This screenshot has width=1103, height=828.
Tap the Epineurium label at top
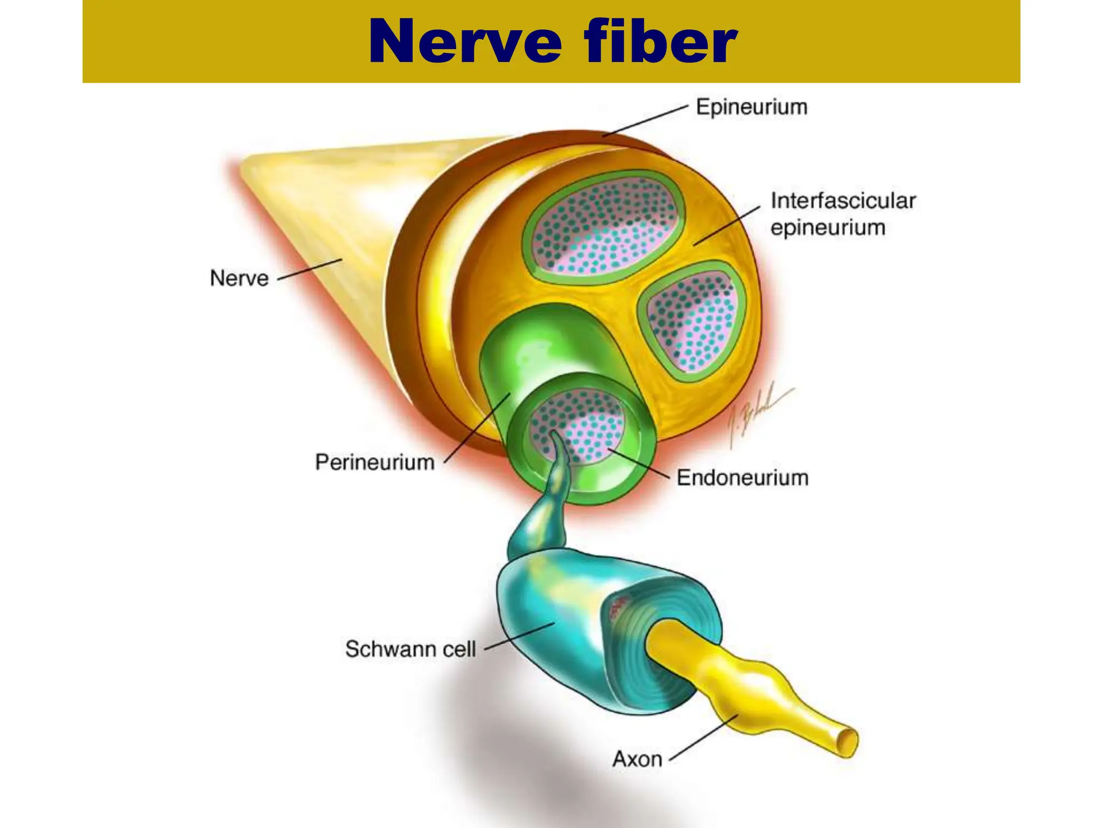pyautogui.click(x=751, y=107)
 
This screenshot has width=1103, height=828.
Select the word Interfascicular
pyautogui.click(x=843, y=201)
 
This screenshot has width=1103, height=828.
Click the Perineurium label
pyautogui.click(x=375, y=462)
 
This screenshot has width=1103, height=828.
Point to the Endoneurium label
pyautogui.click(x=742, y=478)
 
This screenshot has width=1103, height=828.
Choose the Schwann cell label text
pyautogui.click(x=410, y=649)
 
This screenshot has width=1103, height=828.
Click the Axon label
pyautogui.click(x=637, y=759)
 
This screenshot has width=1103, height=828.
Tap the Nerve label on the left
pyautogui.click(x=239, y=278)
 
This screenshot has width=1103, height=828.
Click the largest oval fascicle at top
pyautogui.click(x=603, y=226)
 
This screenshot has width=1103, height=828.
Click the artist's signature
pyautogui.click(x=754, y=415)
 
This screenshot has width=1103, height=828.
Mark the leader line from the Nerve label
pyautogui.click(x=310, y=269)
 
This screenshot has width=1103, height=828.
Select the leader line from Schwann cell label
pyautogui.click(x=520, y=636)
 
